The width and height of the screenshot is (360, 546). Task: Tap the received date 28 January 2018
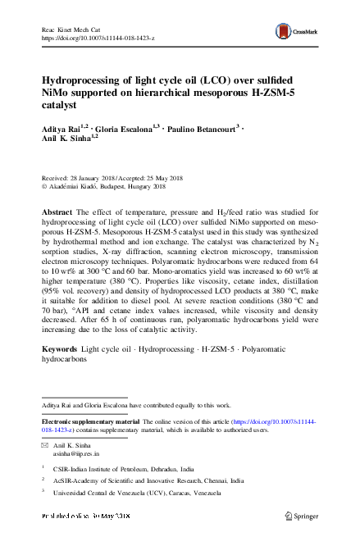point(95,178)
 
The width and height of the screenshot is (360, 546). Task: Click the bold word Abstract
point(58,212)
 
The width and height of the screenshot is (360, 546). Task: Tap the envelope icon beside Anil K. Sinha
point(44,444)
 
